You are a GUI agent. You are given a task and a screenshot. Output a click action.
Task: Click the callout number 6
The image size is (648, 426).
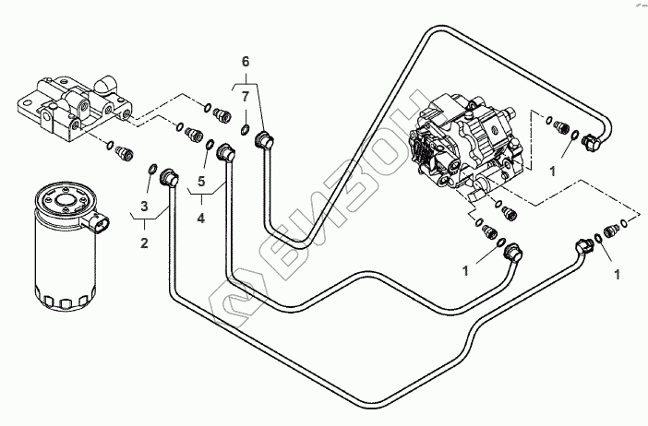point(246,61)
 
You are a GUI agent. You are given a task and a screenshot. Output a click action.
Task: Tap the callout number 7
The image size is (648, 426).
point(246,96)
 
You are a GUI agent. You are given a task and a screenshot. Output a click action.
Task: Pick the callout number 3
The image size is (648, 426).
point(144,204)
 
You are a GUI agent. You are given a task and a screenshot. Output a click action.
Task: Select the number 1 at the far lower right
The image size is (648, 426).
point(616,274)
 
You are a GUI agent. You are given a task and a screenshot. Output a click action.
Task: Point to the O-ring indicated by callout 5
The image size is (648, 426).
point(211,145)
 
